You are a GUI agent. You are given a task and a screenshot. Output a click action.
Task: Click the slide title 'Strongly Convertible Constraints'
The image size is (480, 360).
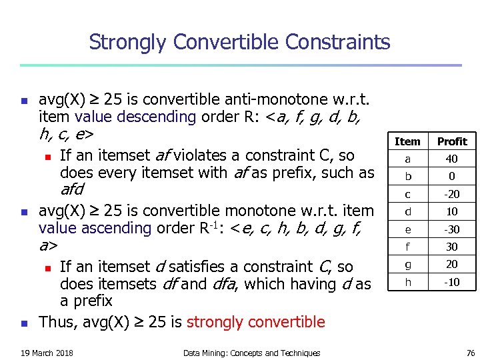(x=239, y=43)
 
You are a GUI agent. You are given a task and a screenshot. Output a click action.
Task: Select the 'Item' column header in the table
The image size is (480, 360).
(x=407, y=141)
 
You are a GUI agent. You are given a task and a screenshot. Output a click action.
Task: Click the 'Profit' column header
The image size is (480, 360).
(x=452, y=141)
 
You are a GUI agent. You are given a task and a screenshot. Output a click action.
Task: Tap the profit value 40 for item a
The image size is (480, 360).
(x=452, y=159)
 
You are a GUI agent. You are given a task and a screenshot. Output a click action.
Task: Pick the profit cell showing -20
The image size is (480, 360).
(x=452, y=194)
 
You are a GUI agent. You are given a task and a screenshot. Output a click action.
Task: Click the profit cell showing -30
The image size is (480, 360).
(x=452, y=229)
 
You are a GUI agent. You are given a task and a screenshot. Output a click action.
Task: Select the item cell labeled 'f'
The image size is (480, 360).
(x=407, y=247)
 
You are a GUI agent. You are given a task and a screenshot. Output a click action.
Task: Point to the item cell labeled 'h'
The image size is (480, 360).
(x=407, y=282)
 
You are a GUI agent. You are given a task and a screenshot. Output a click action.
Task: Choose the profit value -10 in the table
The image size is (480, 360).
(x=452, y=282)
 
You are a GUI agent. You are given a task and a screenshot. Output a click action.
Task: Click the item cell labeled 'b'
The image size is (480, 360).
(x=407, y=177)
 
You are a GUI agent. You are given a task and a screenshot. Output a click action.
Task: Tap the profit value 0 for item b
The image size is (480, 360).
(x=452, y=177)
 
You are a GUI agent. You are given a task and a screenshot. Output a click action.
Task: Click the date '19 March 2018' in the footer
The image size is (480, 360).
(x=47, y=353)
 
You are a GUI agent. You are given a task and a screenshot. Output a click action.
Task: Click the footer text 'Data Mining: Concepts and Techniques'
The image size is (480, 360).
(x=251, y=353)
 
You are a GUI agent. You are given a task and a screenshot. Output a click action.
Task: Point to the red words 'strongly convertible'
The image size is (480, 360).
(x=256, y=323)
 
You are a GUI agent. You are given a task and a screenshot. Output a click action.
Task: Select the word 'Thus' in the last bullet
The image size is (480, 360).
(x=56, y=323)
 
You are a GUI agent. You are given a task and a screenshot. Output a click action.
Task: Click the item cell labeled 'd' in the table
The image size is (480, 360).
(x=407, y=212)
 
